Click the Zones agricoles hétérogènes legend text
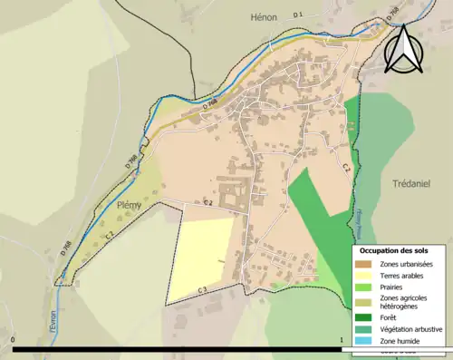(403, 303)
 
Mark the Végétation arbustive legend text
(410, 329)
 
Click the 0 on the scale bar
(13, 340)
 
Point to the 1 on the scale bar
(341, 340)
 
